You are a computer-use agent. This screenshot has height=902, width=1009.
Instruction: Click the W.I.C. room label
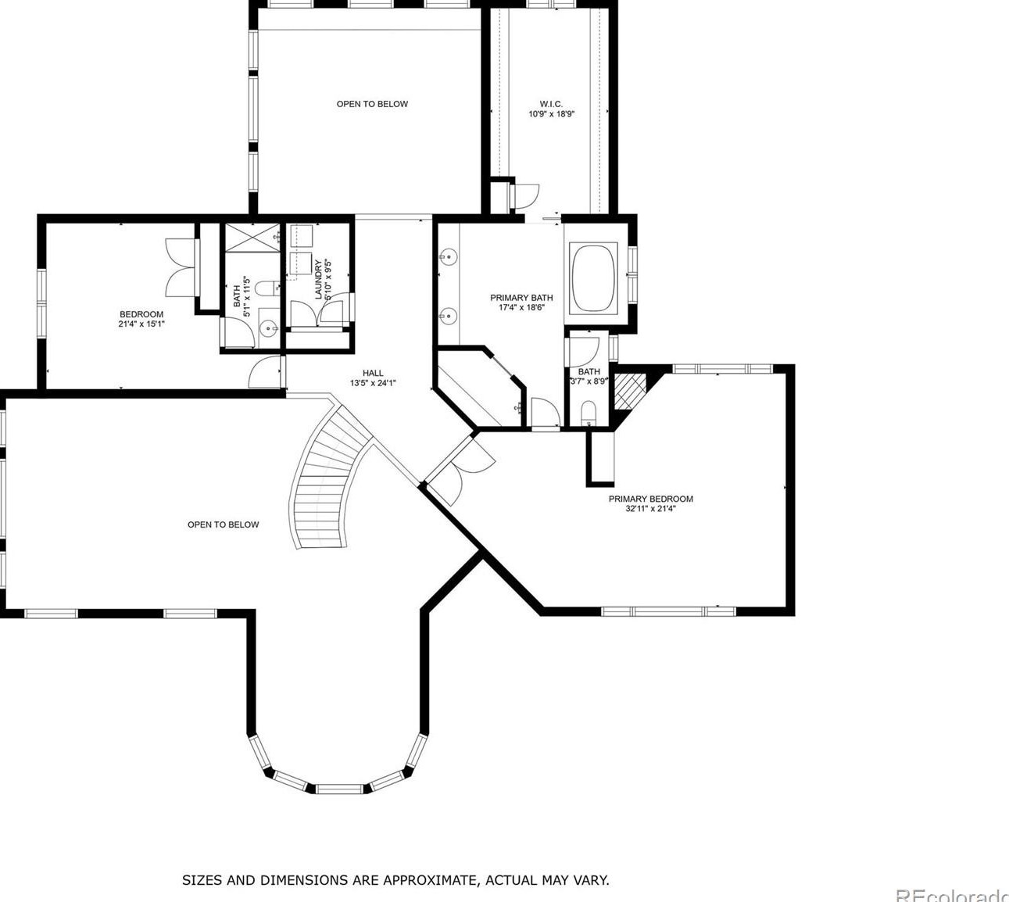pyautogui.click(x=551, y=104)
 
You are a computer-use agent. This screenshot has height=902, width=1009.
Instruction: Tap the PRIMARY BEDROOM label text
pyautogui.click(x=650, y=499)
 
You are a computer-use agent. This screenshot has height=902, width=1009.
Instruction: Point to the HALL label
pyautogui.click(x=373, y=373)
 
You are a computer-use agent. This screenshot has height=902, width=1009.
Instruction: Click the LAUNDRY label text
pyautogui.click(x=318, y=279)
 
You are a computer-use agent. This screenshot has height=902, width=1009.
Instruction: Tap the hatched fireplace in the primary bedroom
pyautogui.click(x=629, y=392)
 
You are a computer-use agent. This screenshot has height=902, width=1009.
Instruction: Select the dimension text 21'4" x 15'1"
pyautogui.click(x=138, y=324)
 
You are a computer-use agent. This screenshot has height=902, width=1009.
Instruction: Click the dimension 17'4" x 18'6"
pyautogui.click(x=521, y=308)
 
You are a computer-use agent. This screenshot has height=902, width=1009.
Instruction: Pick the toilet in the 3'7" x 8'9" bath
pyautogui.click(x=589, y=413)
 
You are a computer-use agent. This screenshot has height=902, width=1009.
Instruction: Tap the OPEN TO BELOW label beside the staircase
pyautogui.click(x=223, y=524)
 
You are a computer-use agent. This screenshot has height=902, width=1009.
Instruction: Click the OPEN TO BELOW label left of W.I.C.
pyautogui.click(x=372, y=104)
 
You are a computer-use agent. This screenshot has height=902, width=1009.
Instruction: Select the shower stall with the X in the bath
pyautogui.click(x=252, y=238)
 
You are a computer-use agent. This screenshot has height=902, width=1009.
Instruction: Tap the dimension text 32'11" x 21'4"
pyautogui.click(x=650, y=509)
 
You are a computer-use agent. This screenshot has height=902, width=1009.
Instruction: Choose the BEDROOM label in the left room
pyautogui.click(x=141, y=314)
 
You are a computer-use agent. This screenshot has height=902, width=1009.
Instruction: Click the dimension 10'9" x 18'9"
pyautogui.click(x=551, y=114)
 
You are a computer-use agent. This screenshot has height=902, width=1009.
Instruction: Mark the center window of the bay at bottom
pyautogui.click(x=340, y=789)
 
